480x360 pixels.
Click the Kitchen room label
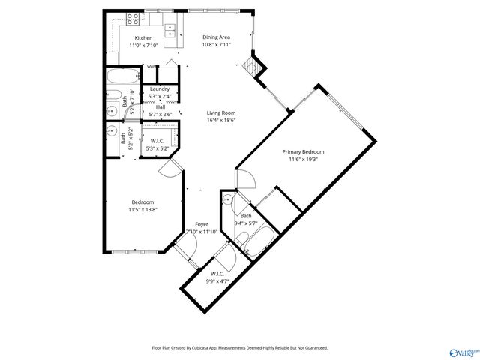pos(143,38)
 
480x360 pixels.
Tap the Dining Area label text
pos(216,37)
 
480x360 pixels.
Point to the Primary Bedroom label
pos(301,152)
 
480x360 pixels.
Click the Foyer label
pos(202,224)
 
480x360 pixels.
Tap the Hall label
pos(160,106)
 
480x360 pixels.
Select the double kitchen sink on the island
pos(170,31)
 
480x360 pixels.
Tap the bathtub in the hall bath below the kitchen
pos(123,76)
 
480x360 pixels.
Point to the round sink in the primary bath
pos(227,200)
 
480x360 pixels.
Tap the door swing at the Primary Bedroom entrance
pos(246,180)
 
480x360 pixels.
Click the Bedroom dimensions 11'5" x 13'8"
pos(142,209)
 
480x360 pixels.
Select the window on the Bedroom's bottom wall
pos(135,250)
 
